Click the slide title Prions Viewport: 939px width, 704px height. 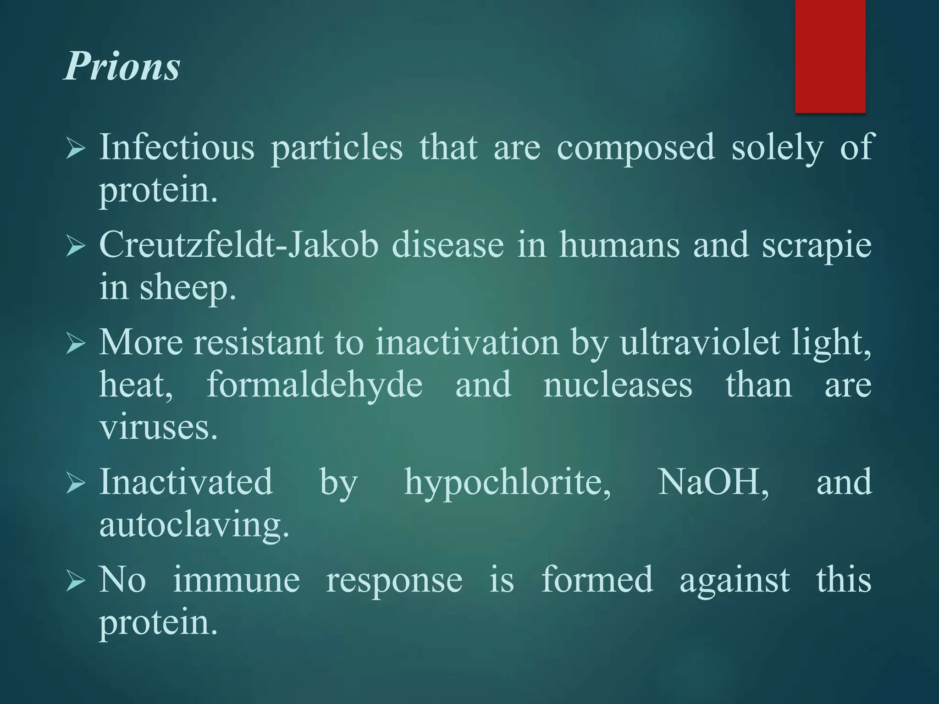(x=122, y=66)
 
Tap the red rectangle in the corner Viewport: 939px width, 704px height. (x=830, y=56)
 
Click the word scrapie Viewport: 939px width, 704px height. (x=817, y=245)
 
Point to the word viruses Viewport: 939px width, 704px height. (x=158, y=427)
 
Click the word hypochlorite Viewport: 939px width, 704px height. (x=507, y=482)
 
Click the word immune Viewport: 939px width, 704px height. (x=236, y=579)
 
